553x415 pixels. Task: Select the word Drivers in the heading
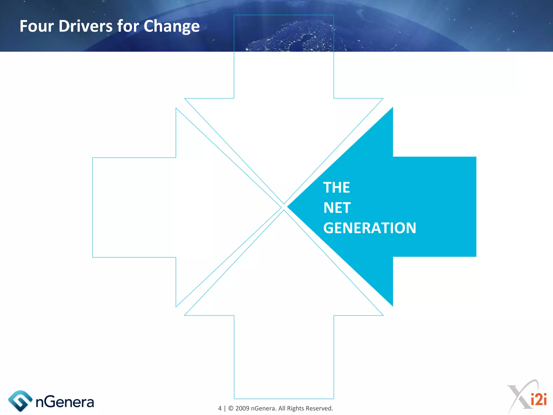(85, 26)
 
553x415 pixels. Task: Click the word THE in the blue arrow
(336, 188)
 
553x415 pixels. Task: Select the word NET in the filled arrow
(337, 208)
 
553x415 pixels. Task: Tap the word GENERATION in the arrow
(370, 228)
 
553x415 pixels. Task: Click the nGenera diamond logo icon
(20, 401)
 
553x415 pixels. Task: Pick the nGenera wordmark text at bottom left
(65, 402)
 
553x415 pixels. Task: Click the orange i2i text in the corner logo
(538, 399)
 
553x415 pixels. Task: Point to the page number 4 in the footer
(220, 408)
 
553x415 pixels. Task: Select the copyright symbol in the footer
(231, 408)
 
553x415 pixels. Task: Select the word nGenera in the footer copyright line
(263, 408)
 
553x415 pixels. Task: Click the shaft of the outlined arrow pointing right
(134, 207)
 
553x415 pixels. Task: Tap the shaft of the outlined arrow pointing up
(284, 357)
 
